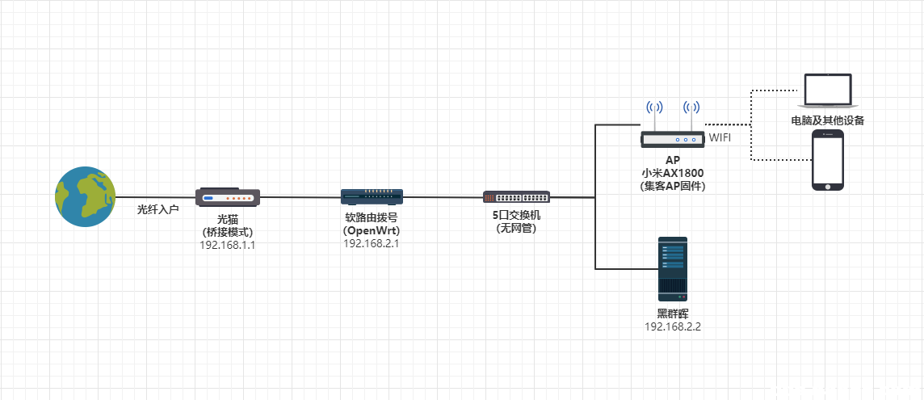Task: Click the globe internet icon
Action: (x=85, y=196)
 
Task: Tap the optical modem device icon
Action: (x=228, y=197)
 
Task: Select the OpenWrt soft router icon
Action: (x=372, y=197)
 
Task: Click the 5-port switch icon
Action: (x=516, y=196)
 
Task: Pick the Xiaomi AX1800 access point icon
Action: (x=673, y=139)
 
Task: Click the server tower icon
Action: (x=672, y=269)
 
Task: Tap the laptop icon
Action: (x=828, y=91)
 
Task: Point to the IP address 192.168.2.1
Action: (x=372, y=242)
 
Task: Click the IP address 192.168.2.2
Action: (x=672, y=326)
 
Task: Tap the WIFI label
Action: (x=720, y=138)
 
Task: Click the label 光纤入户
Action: (x=157, y=209)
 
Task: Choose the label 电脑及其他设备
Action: (x=828, y=121)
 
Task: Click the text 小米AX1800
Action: (x=673, y=173)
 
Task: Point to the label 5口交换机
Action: (x=516, y=216)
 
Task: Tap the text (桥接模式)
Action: (x=228, y=231)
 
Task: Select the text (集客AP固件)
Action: (x=673, y=186)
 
